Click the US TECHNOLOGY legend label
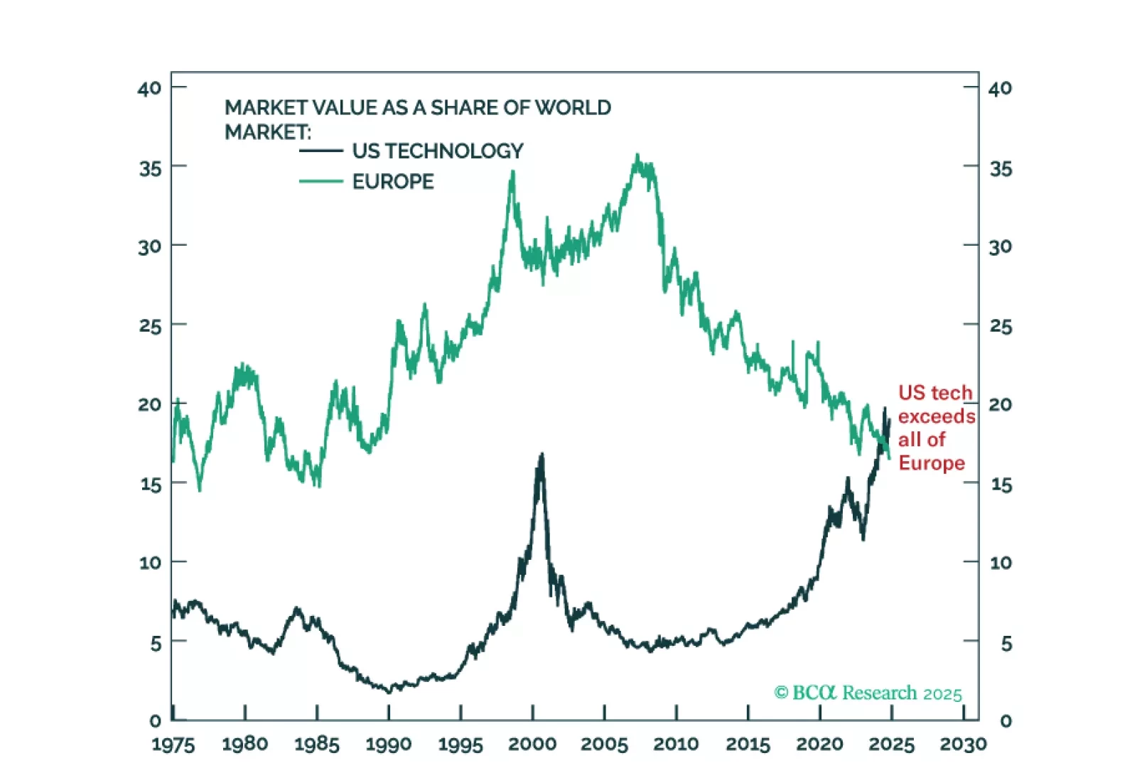tap(437, 151)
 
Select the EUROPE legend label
tap(393, 182)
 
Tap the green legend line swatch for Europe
tap(321, 182)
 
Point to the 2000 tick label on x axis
tap(532, 744)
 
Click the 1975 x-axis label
tap(173, 744)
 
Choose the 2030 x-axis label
tap(963, 744)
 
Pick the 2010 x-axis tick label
tap(676, 744)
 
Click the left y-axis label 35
tap(150, 169)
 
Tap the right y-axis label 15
tap(1001, 485)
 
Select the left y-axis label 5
tap(156, 644)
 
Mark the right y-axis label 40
tap(1000, 89)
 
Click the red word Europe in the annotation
tap(932, 463)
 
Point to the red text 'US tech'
tap(934, 393)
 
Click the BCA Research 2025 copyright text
tap(868, 693)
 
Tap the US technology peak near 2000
tap(542, 454)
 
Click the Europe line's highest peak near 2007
tap(637, 156)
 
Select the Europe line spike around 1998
tap(512, 172)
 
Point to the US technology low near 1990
tap(389, 691)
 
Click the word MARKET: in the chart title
tap(268, 132)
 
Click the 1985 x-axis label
tap(317, 744)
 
